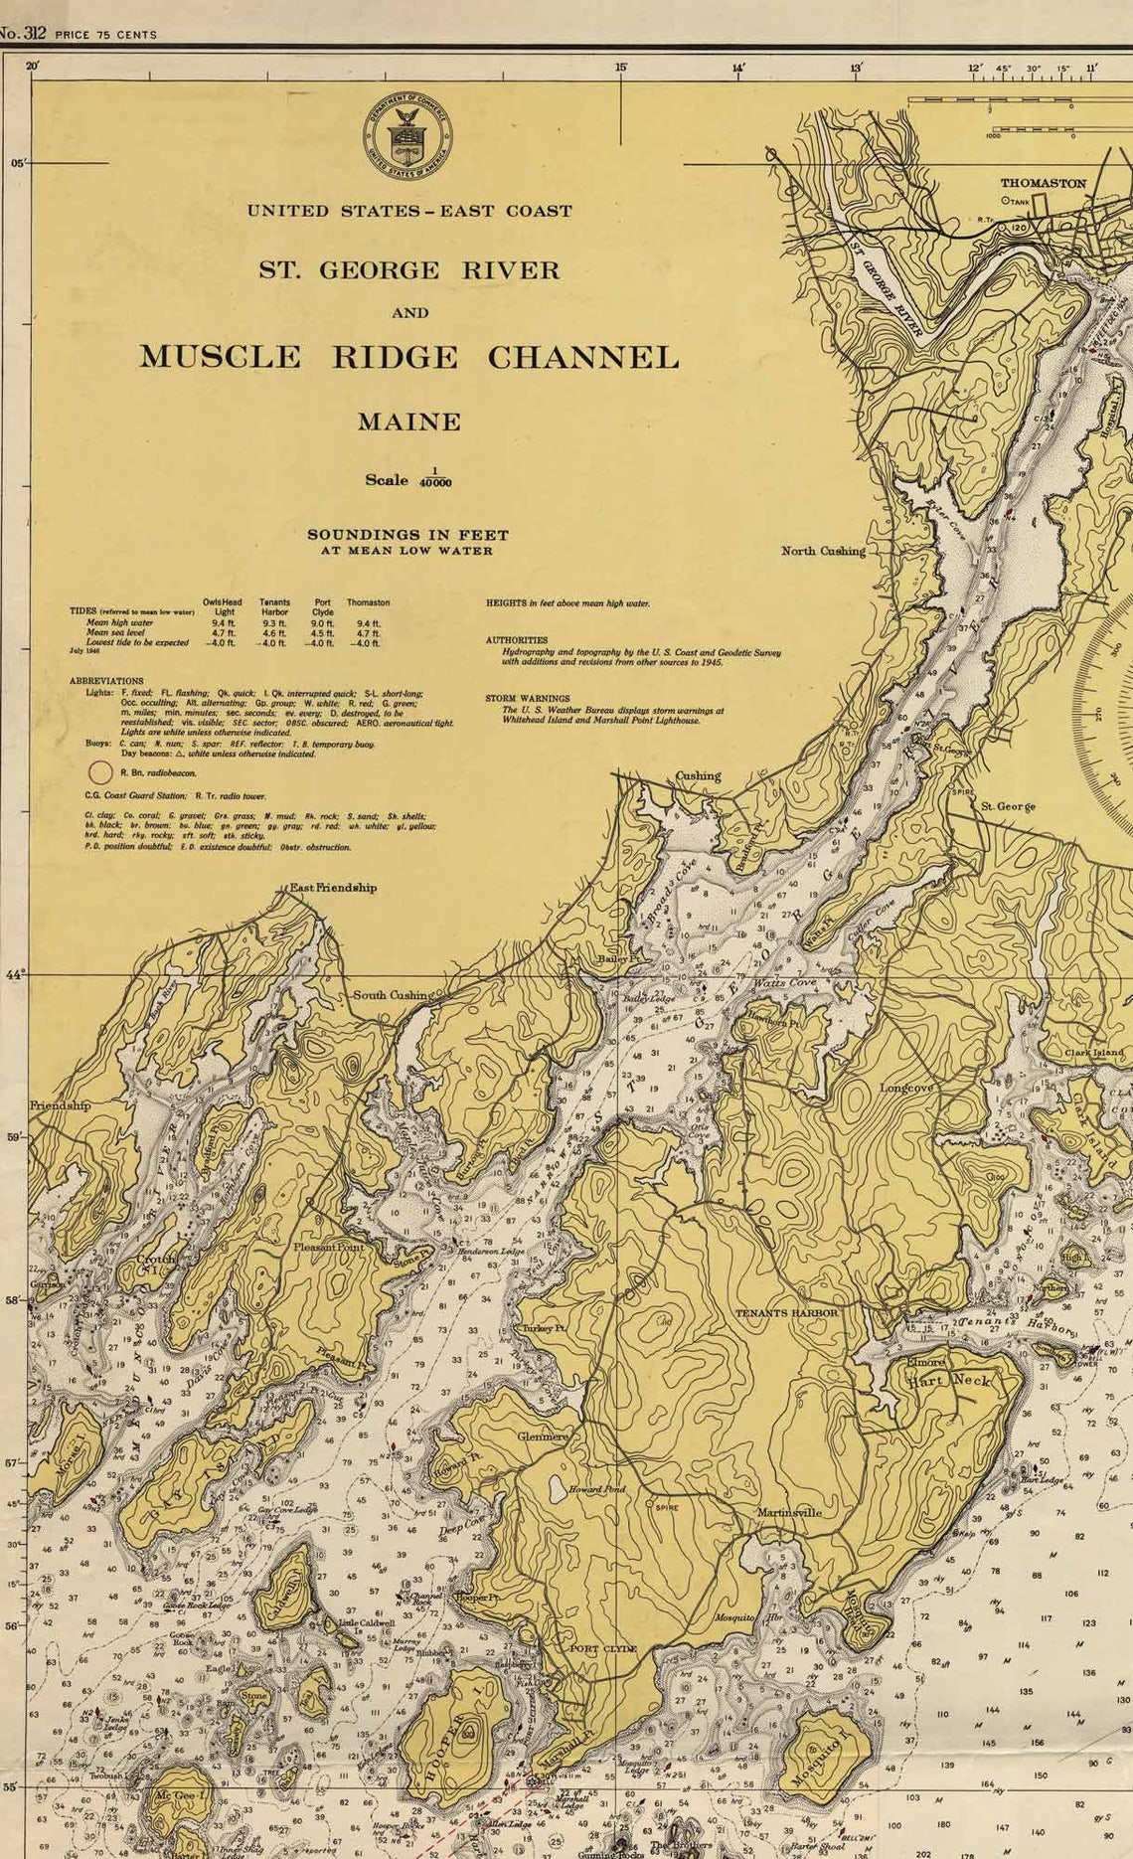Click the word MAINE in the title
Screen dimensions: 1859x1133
pos(409,422)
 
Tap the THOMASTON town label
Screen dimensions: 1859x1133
pos(1043,183)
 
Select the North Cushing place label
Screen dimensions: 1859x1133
pos(823,551)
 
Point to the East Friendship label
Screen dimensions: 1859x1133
pos(333,888)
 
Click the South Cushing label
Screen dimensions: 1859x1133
pos(393,995)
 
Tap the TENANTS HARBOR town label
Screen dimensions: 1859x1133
pos(786,1313)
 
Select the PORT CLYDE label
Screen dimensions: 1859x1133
pos(602,1648)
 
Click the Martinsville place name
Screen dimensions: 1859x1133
pos(789,1512)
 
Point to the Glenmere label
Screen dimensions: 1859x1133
pos(543,1436)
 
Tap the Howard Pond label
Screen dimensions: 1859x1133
pos(597,1489)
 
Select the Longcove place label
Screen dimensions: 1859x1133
pos(906,1089)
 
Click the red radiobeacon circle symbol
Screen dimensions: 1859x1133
pos(100,771)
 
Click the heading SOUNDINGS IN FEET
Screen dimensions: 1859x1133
pos(407,535)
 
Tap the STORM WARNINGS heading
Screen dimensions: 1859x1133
pos(528,699)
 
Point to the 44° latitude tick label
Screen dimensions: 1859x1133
pos(14,975)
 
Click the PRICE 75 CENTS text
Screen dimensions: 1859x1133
pos(105,35)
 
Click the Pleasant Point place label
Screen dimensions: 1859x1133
pos(328,1247)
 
